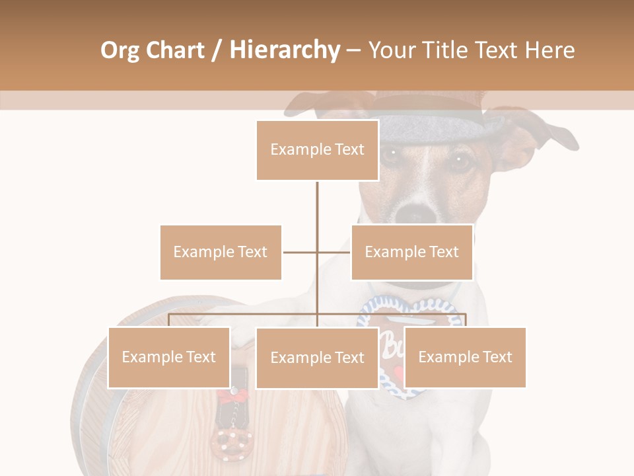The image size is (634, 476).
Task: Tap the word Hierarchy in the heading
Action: pos(285,50)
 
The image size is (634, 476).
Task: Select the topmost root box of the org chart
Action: pos(317,150)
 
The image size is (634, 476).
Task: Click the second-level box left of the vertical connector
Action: pos(221,252)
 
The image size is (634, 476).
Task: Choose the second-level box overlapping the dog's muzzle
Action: pos(411,252)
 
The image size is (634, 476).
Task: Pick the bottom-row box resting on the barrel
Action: pos(169,357)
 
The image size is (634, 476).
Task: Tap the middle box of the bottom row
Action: pos(317,358)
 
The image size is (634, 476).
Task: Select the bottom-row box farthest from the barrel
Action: pos(465,357)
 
